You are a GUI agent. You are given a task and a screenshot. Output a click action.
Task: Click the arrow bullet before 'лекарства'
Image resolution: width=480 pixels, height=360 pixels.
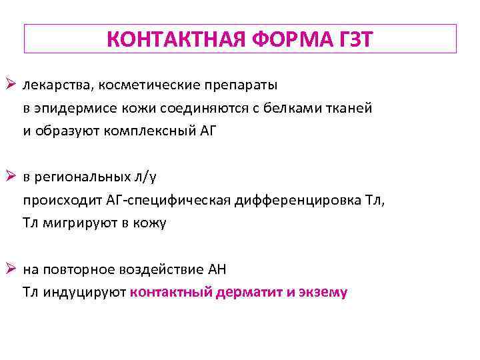coord(11,85)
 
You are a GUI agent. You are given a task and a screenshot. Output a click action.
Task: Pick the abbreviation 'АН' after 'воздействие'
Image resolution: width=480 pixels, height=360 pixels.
coord(217,270)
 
